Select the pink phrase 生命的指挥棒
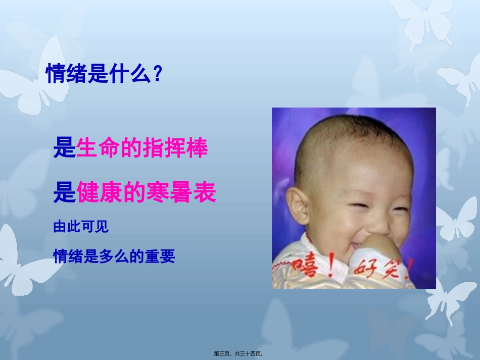pos(142,149)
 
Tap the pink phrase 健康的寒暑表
pos(147,193)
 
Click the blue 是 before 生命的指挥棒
pos(64,149)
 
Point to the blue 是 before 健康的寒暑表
pos(64,193)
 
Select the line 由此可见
pos(81,228)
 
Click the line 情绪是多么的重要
pos(114,257)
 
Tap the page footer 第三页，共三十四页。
pos(239,354)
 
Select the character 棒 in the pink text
pos(198,149)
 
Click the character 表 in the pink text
pos(205,193)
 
